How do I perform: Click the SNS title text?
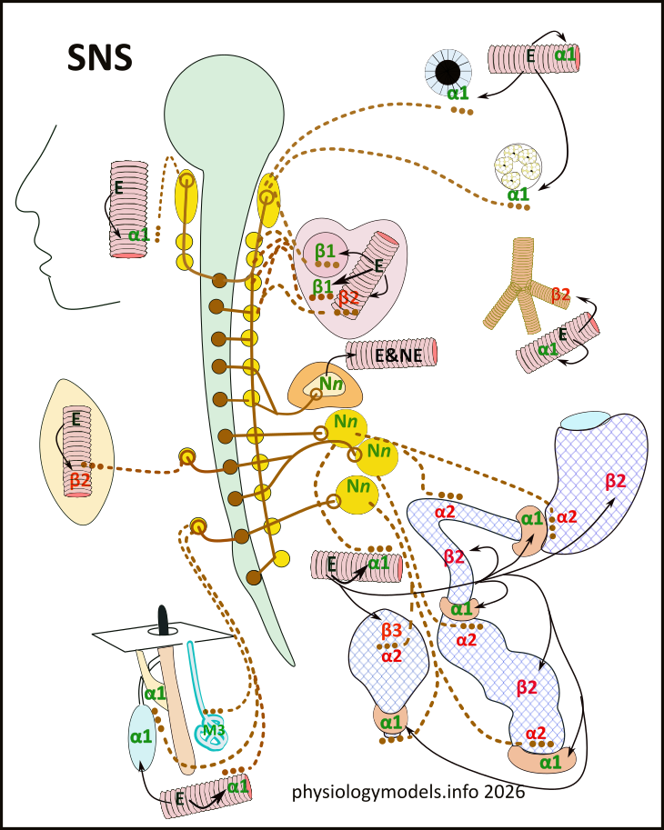(x=100, y=56)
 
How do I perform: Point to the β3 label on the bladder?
(x=392, y=628)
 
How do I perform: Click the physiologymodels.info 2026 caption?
(x=408, y=791)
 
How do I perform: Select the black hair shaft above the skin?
(x=163, y=620)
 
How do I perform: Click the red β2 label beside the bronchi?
(x=561, y=294)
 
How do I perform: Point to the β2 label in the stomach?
(x=616, y=481)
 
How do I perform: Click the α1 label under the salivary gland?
(x=517, y=194)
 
